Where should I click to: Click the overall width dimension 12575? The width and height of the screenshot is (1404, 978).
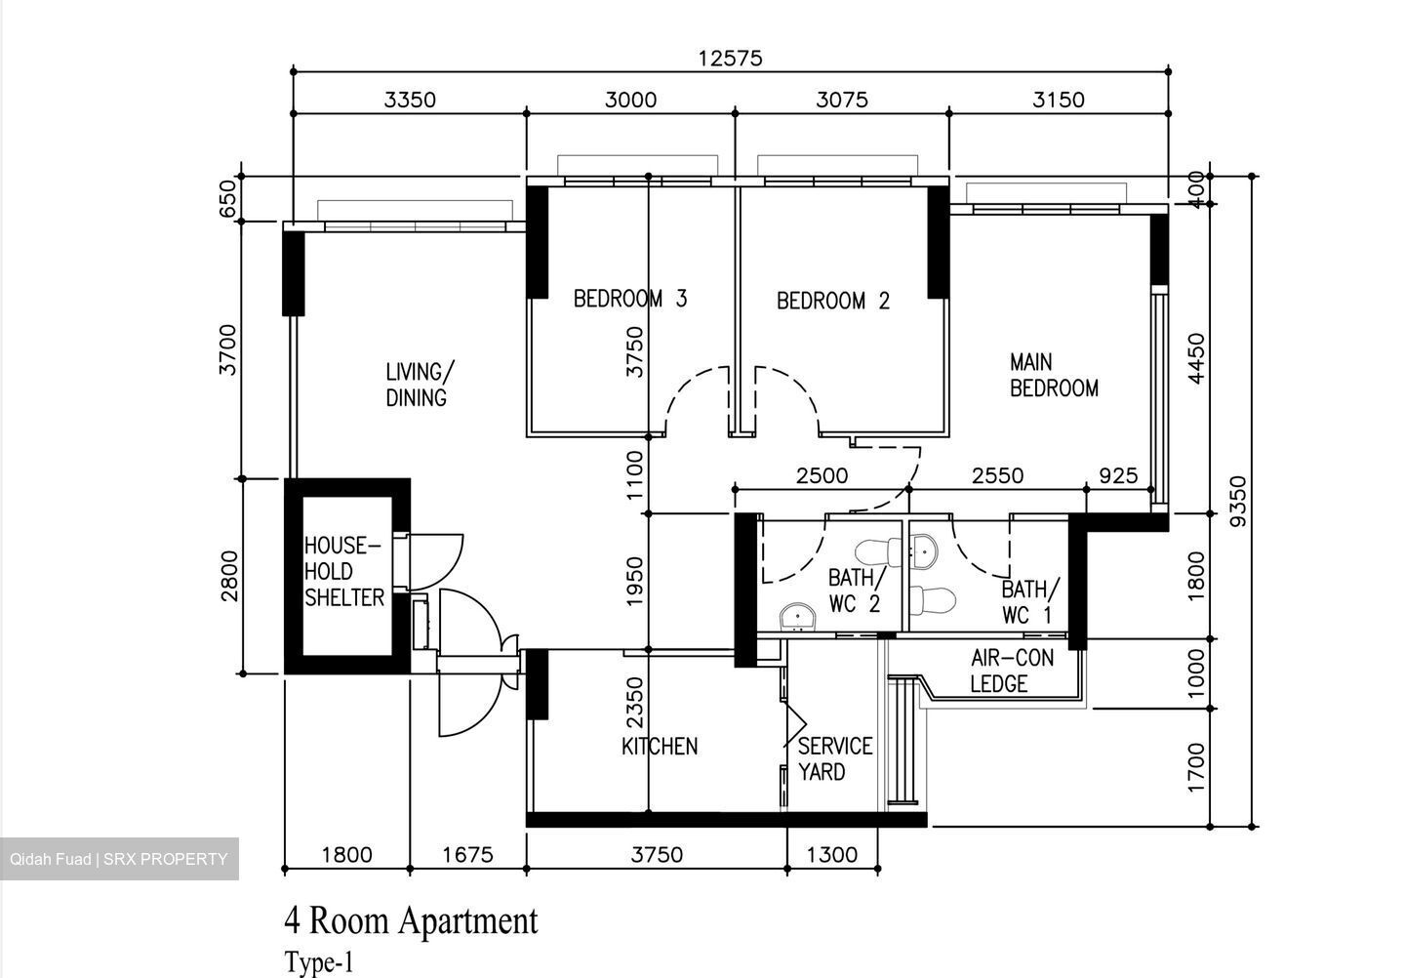(730, 59)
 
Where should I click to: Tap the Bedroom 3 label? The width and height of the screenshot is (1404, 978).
(629, 299)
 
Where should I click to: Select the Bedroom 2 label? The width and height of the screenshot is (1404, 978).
(833, 301)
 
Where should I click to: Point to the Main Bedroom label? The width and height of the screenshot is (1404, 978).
(1054, 376)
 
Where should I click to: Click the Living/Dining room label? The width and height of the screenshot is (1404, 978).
(419, 385)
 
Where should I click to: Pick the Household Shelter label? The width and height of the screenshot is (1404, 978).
(343, 572)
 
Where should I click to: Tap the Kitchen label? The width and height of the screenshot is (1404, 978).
(660, 747)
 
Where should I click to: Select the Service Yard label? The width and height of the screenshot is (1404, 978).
(834, 759)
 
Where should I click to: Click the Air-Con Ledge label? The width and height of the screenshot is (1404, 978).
(1012, 671)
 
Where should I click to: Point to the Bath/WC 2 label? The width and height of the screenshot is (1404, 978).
(854, 591)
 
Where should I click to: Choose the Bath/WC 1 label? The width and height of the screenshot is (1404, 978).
(1029, 602)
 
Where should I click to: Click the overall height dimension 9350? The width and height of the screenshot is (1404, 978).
(1237, 501)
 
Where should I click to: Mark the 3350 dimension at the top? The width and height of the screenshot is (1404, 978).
(410, 100)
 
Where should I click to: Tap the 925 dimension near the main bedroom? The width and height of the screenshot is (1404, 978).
(1118, 475)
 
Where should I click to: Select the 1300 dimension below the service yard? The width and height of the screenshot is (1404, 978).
(832, 855)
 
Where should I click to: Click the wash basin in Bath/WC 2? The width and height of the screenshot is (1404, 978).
(797, 617)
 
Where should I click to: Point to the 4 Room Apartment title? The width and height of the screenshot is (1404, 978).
(411, 920)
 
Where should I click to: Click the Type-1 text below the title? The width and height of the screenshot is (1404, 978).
(319, 963)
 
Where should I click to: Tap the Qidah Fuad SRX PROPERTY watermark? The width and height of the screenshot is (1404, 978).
(119, 859)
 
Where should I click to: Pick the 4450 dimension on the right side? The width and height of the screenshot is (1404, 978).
(1196, 359)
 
